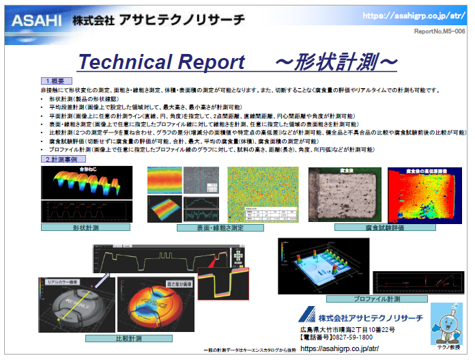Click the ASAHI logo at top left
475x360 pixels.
[x=33, y=20]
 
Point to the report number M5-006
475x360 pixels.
[x=440, y=31]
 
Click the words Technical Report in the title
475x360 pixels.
[x=161, y=62]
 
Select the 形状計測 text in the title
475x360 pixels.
[x=336, y=62]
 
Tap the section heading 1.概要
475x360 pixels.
[x=57, y=82]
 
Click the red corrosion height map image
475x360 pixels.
[x=424, y=195]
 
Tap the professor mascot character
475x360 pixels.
[x=448, y=325]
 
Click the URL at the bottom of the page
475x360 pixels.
[x=339, y=348]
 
